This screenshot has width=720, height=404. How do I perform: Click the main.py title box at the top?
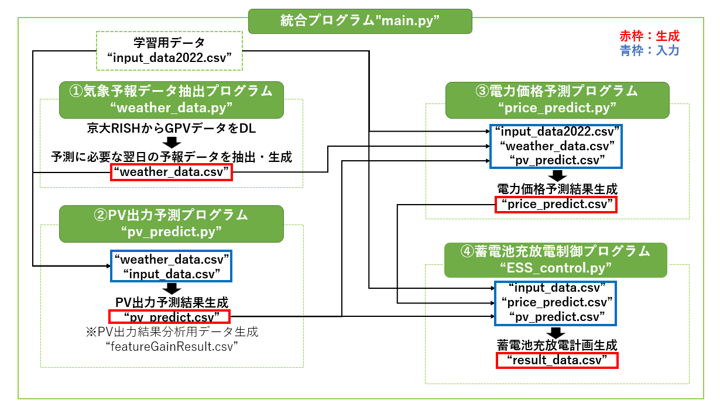[x=359, y=22]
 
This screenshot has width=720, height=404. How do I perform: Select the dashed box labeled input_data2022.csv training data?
[x=169, y=51]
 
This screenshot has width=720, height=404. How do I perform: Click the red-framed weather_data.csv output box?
[x=172, y=172]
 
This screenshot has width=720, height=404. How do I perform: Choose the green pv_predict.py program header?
[x=172, y=223]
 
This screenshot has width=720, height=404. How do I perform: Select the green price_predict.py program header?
[x=556, y=99]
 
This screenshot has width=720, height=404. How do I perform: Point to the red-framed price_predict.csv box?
[x=556, y=204]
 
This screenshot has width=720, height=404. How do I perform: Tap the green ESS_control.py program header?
[x=556, y=260]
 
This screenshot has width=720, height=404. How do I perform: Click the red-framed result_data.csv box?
[x=557, y=360]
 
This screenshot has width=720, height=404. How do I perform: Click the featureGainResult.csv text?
[x=172, y=347]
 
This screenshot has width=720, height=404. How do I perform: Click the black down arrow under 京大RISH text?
[x=172, y=143]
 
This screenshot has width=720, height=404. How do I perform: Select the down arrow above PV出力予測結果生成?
[x=172, y=288]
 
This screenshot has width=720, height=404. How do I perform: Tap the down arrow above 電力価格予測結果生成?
[x=557, y=175]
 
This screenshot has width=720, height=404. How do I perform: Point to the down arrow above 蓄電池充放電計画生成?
[x=557, y=332]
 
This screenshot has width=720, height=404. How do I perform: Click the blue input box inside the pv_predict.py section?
[x=171, y=266]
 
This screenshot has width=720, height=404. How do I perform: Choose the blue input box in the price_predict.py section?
[x=557, y=146]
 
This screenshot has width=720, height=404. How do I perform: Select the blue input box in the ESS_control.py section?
[x=556, y=303]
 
